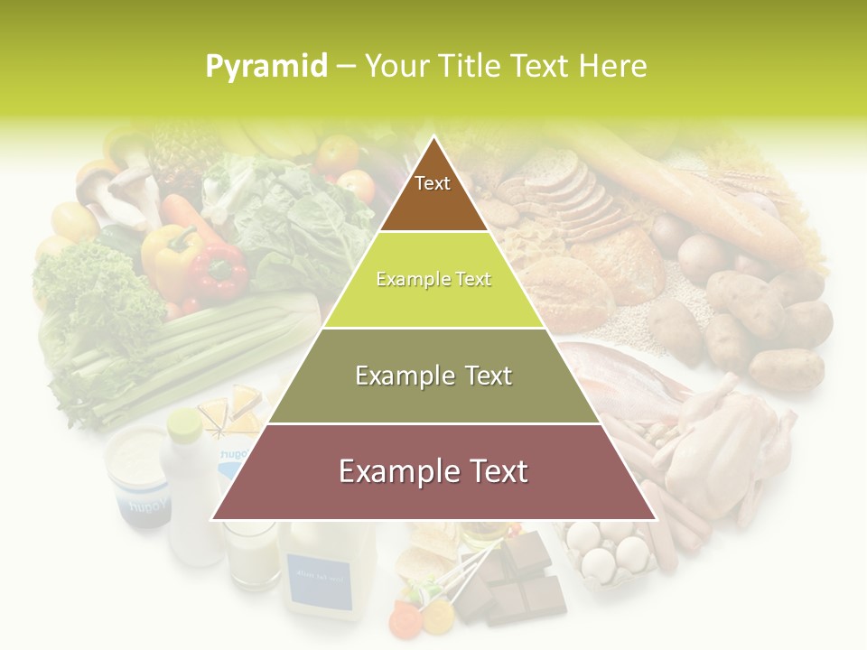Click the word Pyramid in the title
[x=266, y=67]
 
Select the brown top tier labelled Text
[x=433, y=190]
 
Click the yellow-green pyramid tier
[x=433, y=280]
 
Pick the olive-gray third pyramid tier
[x=433, y=376]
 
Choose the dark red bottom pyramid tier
[x=433, y=472]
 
